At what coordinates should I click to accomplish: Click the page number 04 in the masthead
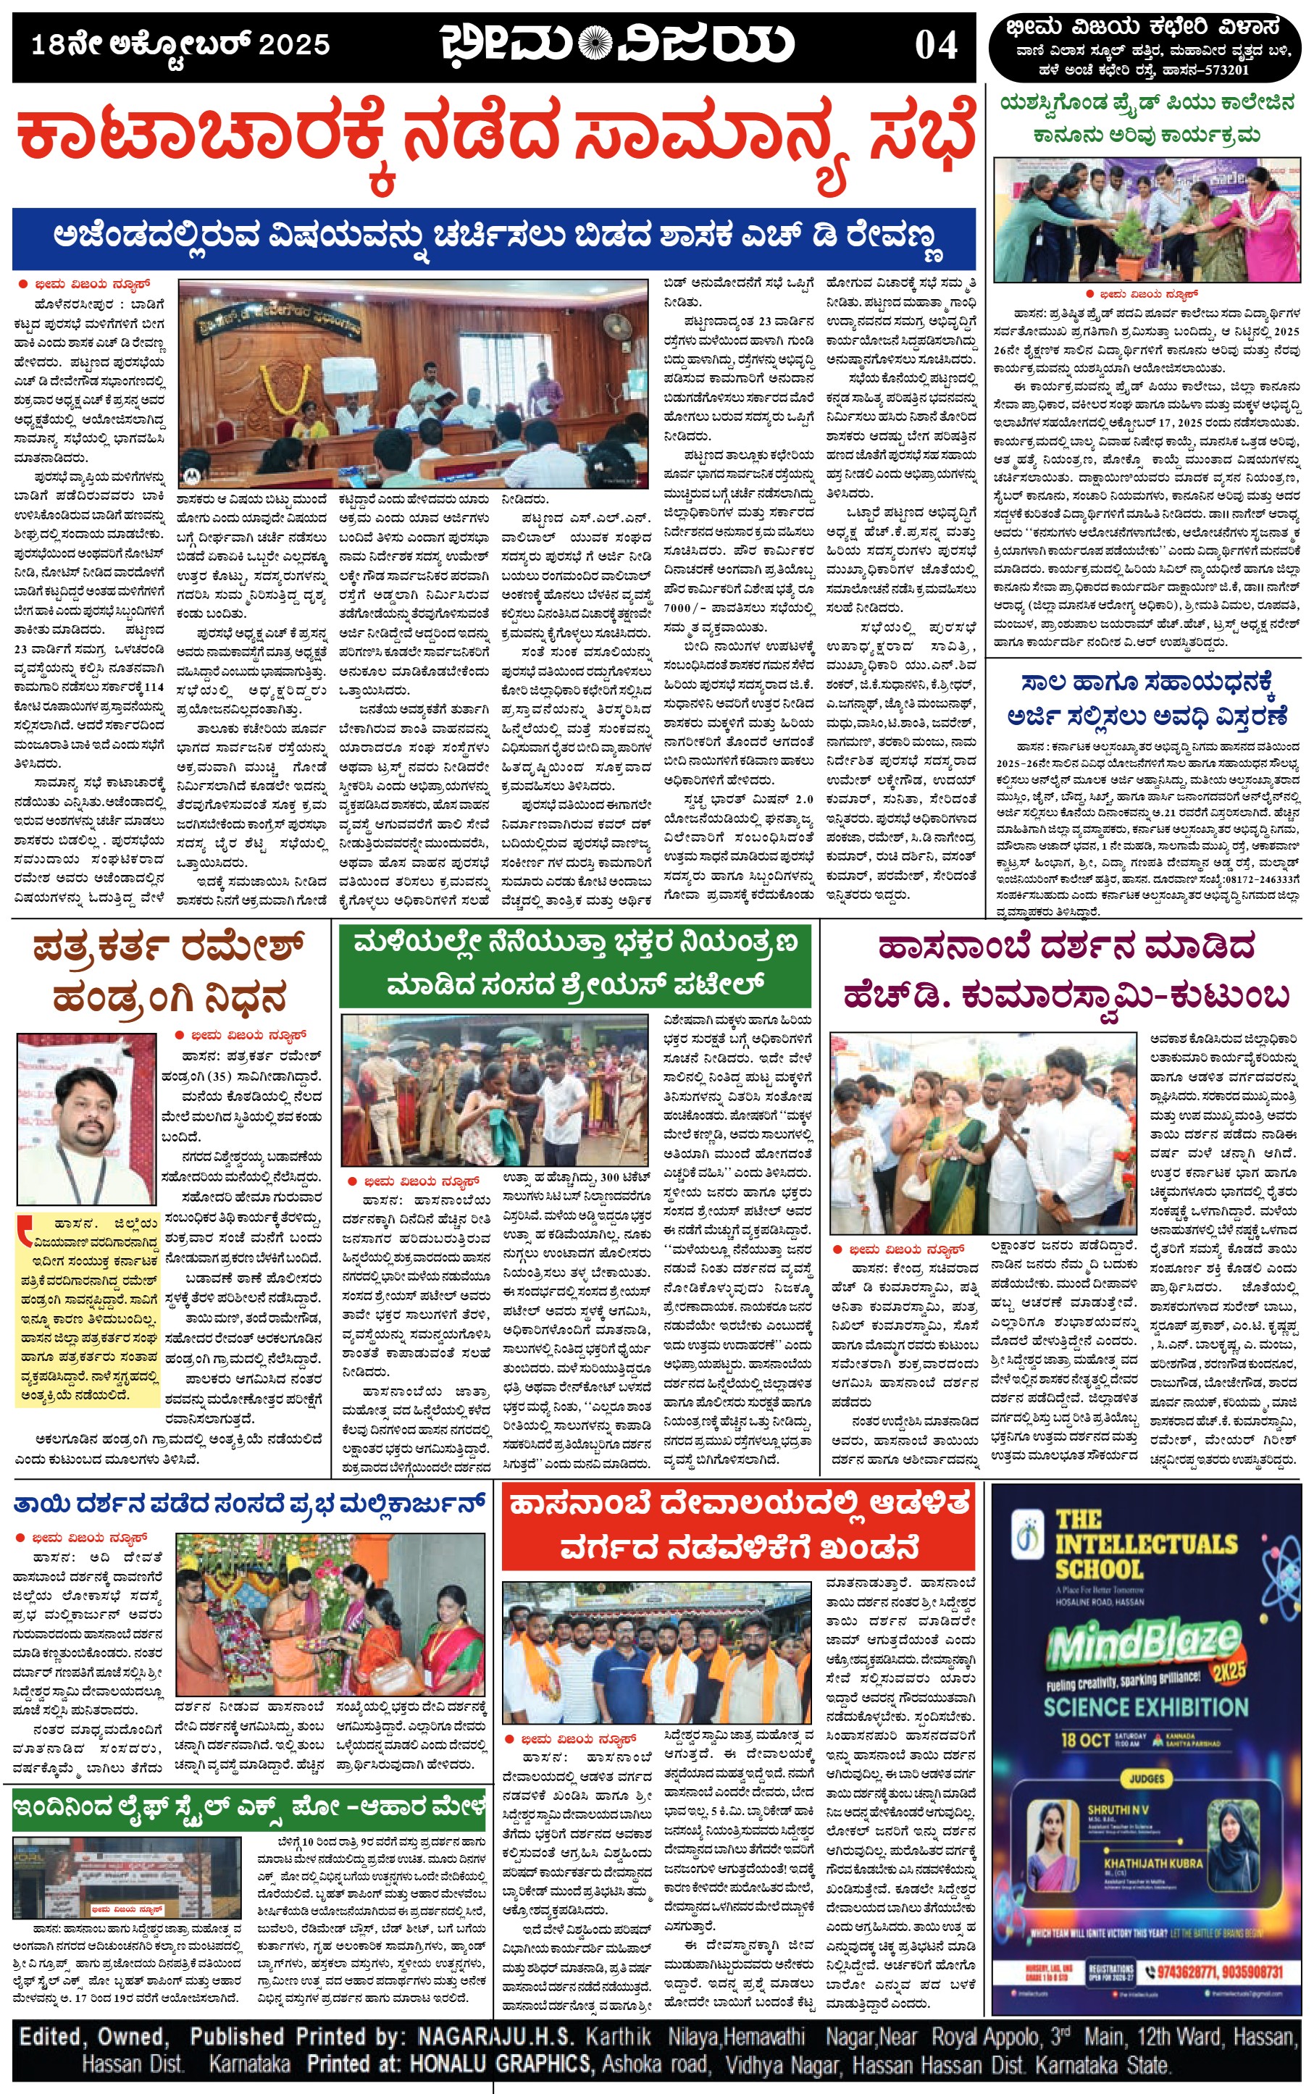[935, 45]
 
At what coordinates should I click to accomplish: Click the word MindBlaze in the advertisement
[1143, 1641]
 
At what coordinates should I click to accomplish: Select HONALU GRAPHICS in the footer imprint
[501, 2064]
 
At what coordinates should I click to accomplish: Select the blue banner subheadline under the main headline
[493, 237]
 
